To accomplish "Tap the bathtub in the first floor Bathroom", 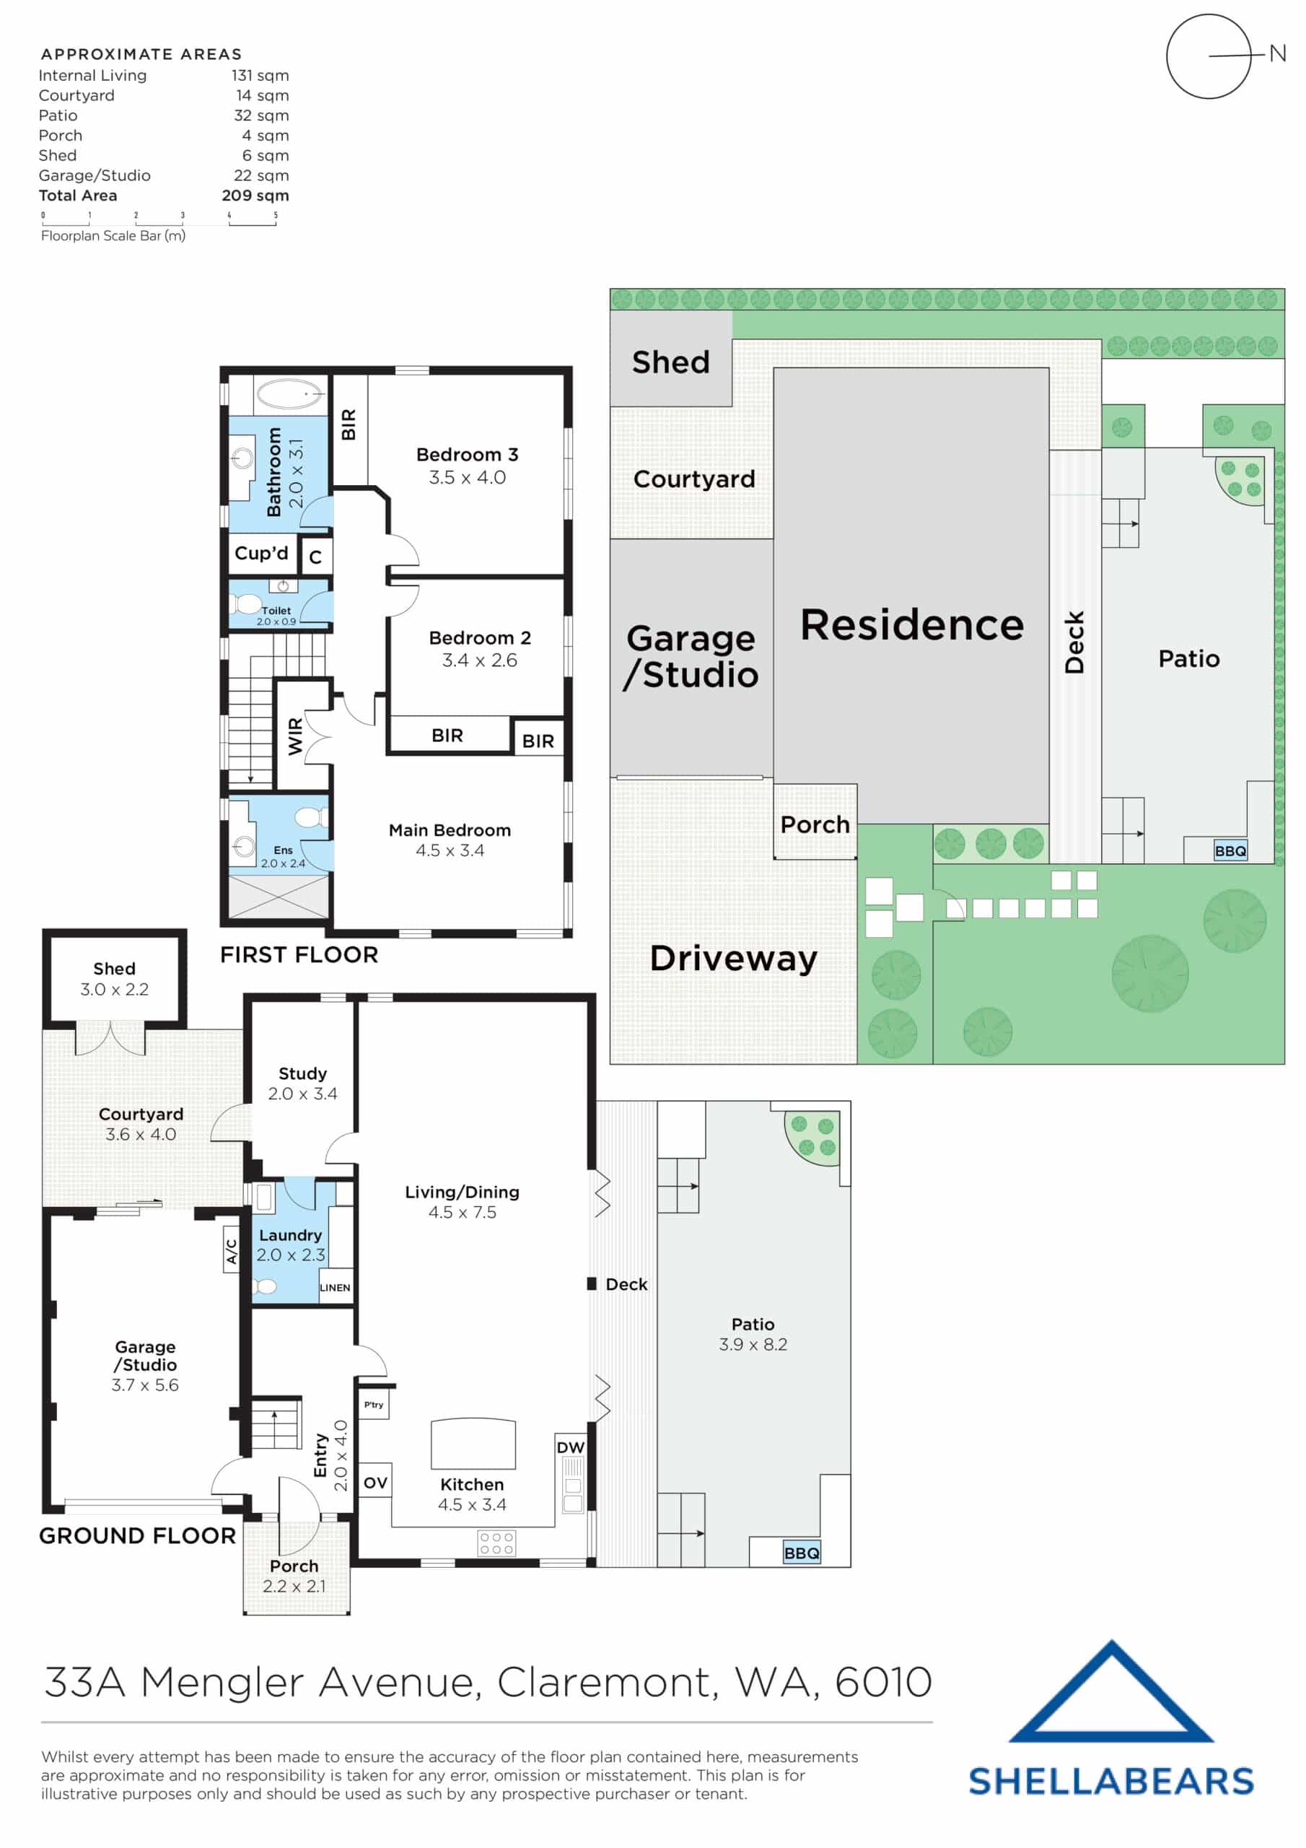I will coord(289,394).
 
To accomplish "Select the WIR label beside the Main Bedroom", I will coord(295,736).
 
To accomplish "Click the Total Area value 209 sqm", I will coord(255,196).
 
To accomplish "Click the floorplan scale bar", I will coord(159,219).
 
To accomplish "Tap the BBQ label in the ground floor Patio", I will coord(801,1553).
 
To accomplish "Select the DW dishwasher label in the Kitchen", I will coord(571,1447).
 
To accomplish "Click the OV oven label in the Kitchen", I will coord(375,1483).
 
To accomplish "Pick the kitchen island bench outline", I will coord(473,1444).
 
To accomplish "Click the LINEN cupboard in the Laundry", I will coord(335,1287).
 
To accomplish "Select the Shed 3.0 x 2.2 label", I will coord(114,979).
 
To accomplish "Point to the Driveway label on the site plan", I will coord(732,958).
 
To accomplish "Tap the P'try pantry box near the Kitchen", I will coord(373,1405).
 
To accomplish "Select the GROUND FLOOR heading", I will coord(138,1535).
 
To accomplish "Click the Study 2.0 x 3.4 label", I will coord(302,1084).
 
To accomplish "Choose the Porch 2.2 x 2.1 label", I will coord(294,1576).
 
